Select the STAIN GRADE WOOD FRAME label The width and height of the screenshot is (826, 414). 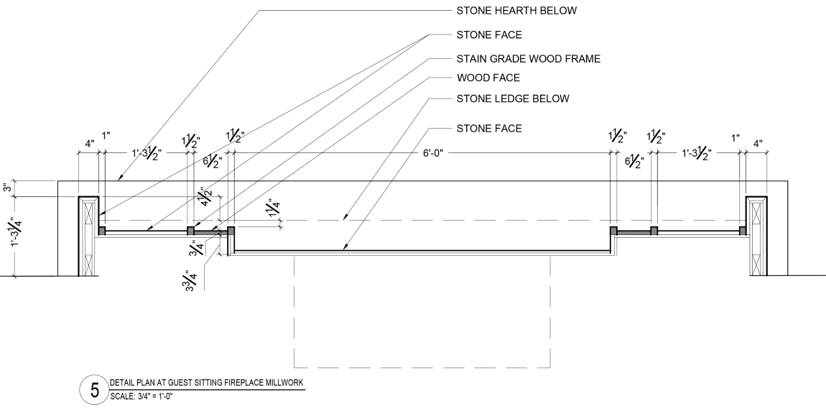click(528, 58)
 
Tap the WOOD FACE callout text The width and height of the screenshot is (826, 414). click(488, 77)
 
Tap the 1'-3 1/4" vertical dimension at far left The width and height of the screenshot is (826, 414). click(9, 235)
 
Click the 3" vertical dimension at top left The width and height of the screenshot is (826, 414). click(8, 188)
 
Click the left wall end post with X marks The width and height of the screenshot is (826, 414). click(88, 235)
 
